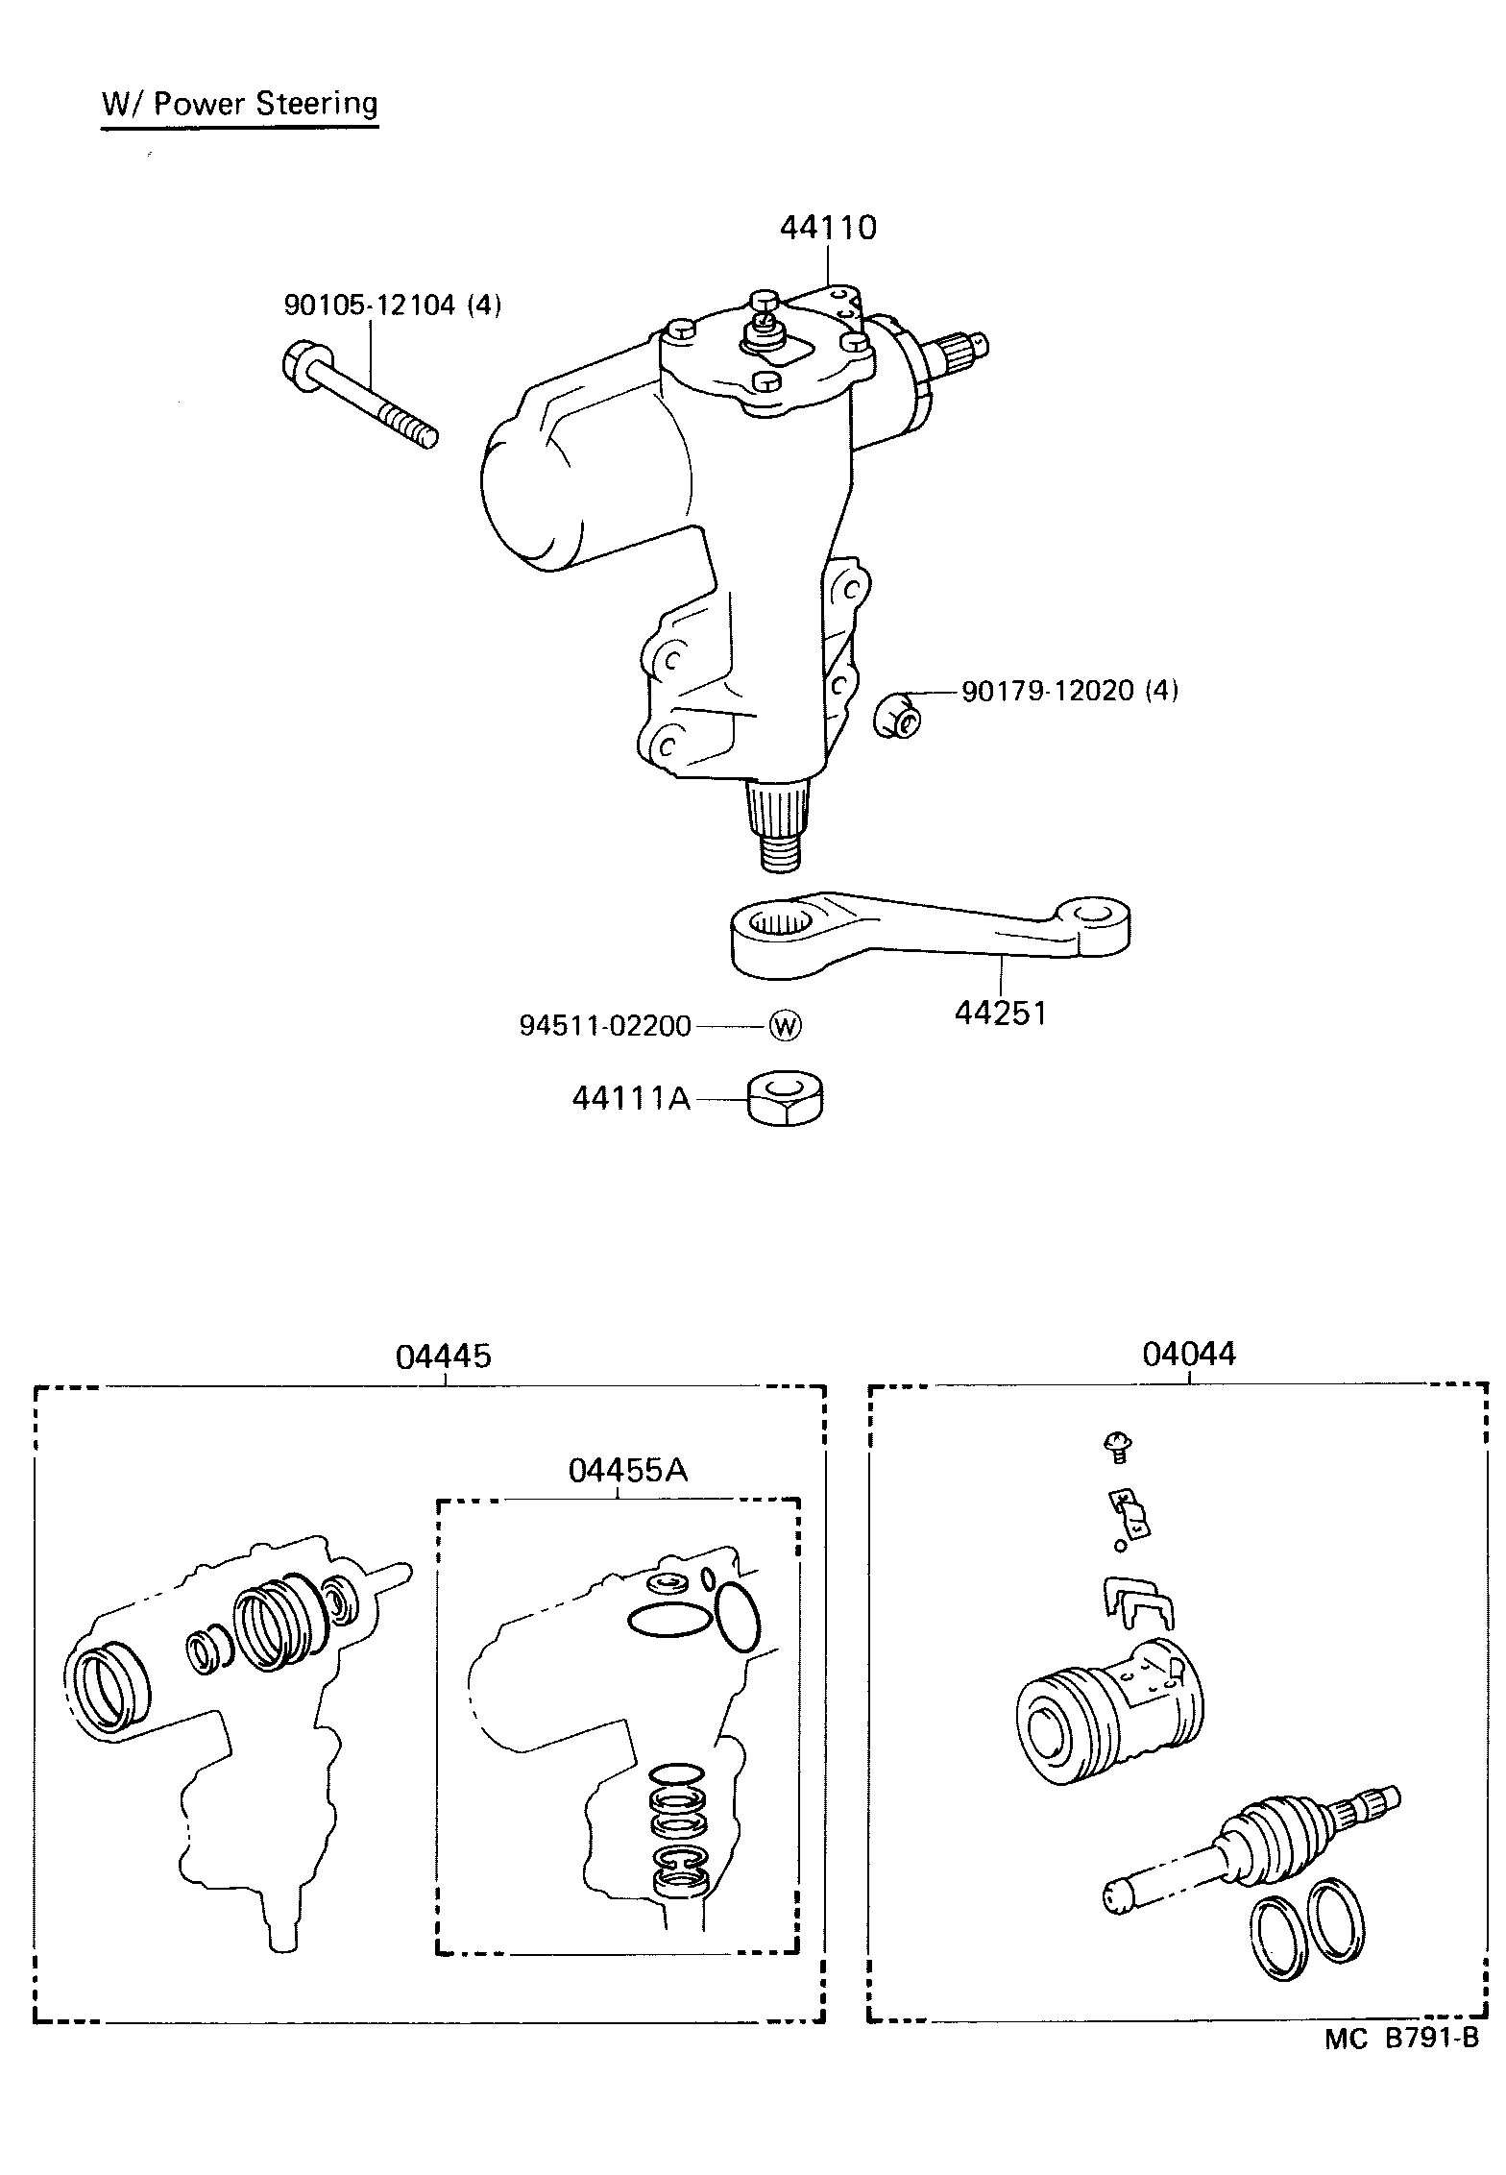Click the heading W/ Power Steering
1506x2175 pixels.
[240, 104]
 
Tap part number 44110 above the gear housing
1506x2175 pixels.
[828, 228]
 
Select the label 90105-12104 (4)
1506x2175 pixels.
[392, 305]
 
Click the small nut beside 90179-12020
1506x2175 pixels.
[898, 716]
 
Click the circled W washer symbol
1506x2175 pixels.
[785, 1026]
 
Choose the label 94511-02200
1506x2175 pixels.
[605, 1026]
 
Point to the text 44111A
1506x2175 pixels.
[631, 1097]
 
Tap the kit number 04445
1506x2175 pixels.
[443, 1356]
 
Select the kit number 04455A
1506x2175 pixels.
[627, 1470]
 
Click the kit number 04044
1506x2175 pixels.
[1189, 1354]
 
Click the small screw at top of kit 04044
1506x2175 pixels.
[1118, 1444]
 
